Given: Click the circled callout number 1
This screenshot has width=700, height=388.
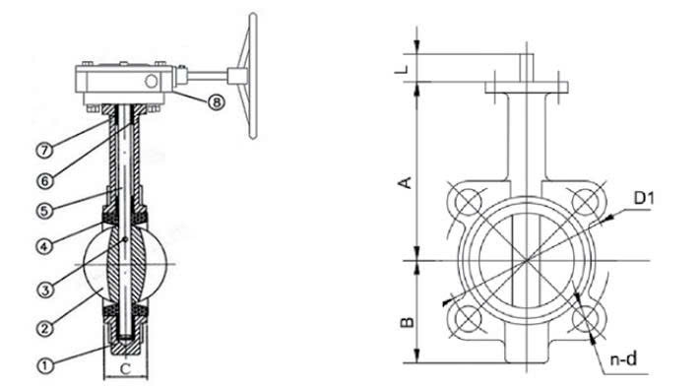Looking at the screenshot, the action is pos(44,365).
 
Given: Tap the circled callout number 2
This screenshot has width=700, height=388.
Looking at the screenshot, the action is pos(44,329).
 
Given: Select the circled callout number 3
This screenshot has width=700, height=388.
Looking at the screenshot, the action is pos(44,290).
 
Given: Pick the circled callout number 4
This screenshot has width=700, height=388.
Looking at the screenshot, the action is pos(44,246).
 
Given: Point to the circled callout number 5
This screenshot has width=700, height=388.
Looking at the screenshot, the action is pos(44,211).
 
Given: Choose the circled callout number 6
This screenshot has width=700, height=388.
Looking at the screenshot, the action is pos(44,181).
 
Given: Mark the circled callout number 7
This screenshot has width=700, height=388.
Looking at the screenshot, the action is pos(44,150).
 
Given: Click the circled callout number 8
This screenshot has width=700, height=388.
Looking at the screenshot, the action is pos(216,102).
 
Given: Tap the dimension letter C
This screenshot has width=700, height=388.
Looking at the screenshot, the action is pos(126,368).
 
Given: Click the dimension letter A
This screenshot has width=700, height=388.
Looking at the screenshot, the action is pos(405,182).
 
